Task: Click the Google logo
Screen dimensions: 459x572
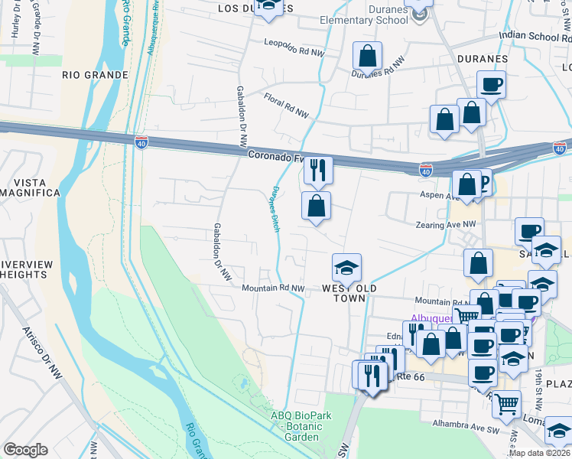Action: [x=25, y=450]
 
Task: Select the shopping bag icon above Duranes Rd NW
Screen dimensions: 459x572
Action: [x=367, y=56]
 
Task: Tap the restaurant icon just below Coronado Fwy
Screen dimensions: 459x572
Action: [x=317, y=169]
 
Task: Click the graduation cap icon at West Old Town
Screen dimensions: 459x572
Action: [x=346, y=268]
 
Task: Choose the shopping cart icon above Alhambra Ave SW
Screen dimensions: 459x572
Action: [x=506, y=403]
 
